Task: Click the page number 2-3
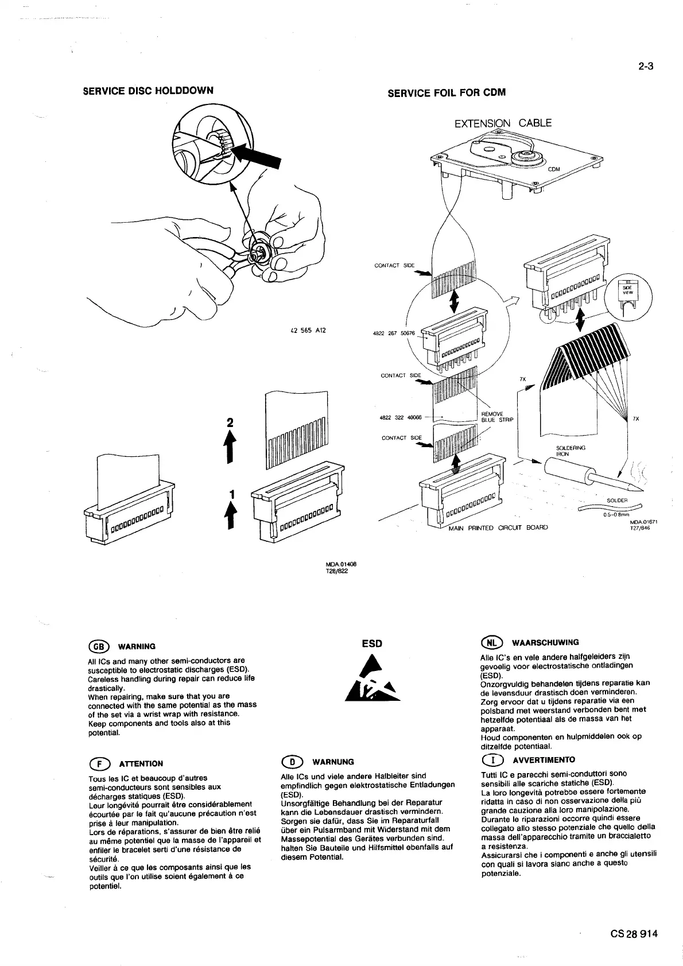click(x=646, y=66)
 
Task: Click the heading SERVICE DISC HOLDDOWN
click(x=148, y=90)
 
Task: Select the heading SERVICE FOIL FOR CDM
click(x=447, y=92)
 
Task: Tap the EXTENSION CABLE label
click(x=503, y=123)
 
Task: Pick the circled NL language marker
click(x=491, y=642)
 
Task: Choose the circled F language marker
click(x=97, y=763)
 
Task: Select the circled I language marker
click(x=491, y=760)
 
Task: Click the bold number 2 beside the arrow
click(x=230, y=422)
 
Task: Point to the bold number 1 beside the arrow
click(x=231, y=494)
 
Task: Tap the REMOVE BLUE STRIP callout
click(x=496, y=417)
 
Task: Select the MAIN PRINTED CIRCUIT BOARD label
click(x=498, y=527)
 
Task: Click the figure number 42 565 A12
click(x=309, y=331)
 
